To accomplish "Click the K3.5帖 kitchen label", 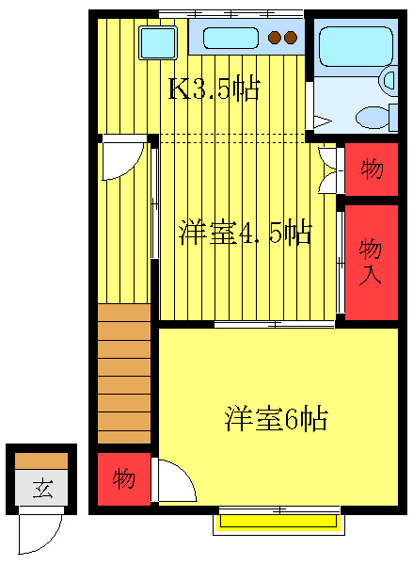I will click(214, 89).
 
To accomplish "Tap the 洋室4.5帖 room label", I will click(245, 232).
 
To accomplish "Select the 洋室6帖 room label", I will click(276, 418).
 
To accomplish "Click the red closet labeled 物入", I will click(372, 261).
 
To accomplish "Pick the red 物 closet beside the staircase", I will click(123, 478).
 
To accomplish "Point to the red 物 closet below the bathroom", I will click(372, 169).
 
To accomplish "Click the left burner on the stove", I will click(275, 39).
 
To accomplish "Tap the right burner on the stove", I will click(291, 39).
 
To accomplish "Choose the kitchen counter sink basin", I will click(230, 39).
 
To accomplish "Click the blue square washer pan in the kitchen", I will click(157, 42).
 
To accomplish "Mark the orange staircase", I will click(123, 373).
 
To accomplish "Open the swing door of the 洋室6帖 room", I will click(176, 480).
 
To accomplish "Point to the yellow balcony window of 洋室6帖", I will click(278, 520).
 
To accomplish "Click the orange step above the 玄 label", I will click(42, 460).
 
